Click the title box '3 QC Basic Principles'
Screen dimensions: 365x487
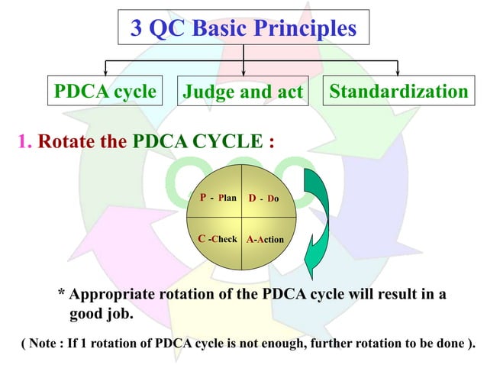(243, 29)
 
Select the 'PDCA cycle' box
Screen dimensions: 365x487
(105, 92)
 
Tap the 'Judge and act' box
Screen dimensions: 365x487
(243, 93)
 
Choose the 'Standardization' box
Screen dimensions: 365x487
(398, 92)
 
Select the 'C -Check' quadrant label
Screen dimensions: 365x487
(218, 239)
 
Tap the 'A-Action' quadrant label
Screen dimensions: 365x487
(265, 240)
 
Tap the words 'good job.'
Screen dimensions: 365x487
(102, 314)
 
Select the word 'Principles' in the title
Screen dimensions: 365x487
(304, 29)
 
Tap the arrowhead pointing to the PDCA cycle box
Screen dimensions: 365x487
(105, 72)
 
